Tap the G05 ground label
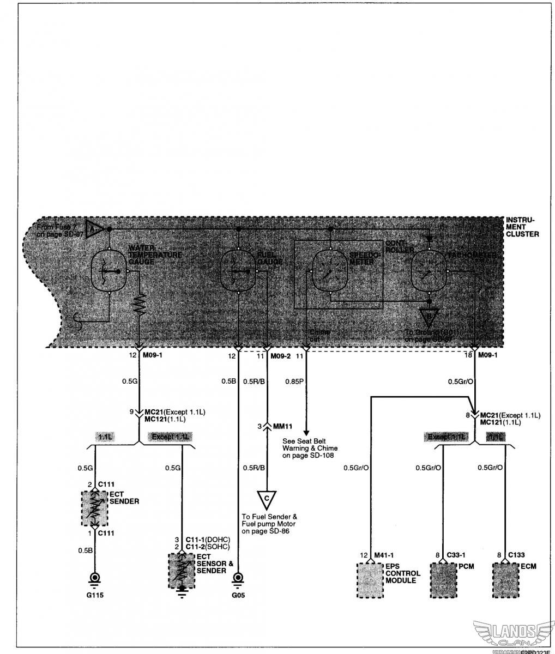point(238,595)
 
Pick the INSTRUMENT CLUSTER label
point(522,227)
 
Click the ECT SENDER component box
point(94,508)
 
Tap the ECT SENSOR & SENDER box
point(182,570)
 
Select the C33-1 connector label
point(457,555)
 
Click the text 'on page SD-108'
point(308,456)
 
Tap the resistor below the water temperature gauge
point(140,305)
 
